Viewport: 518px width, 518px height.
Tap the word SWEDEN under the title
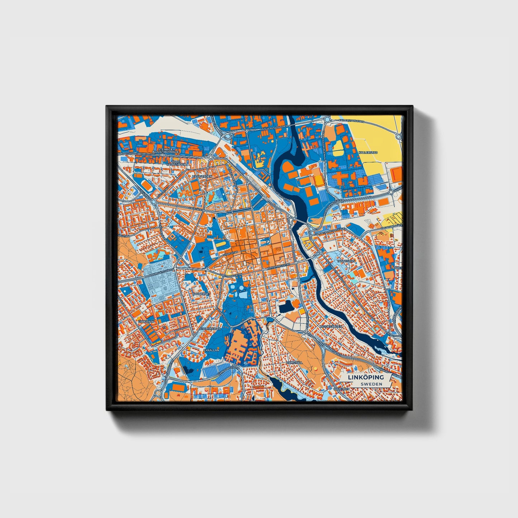coord(371,384)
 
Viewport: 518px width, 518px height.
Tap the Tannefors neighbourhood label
coord(346,261)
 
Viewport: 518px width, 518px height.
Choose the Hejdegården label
coord(333,327)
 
